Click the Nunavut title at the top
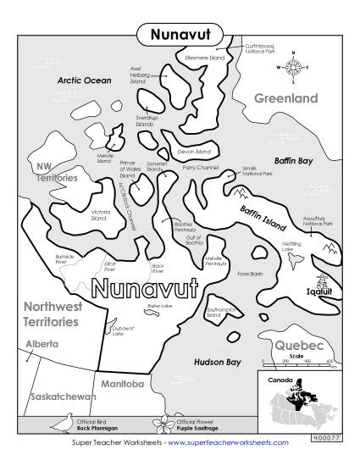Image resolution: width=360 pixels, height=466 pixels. click(180, 34)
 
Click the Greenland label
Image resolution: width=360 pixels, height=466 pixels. click(286, 98)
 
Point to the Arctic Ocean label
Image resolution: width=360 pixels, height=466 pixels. click(84, 80)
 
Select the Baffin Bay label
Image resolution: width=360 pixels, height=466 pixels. click(293, 159)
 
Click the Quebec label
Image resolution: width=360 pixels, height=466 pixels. click(298, 346)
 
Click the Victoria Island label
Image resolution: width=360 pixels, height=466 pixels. click(97, 214)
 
